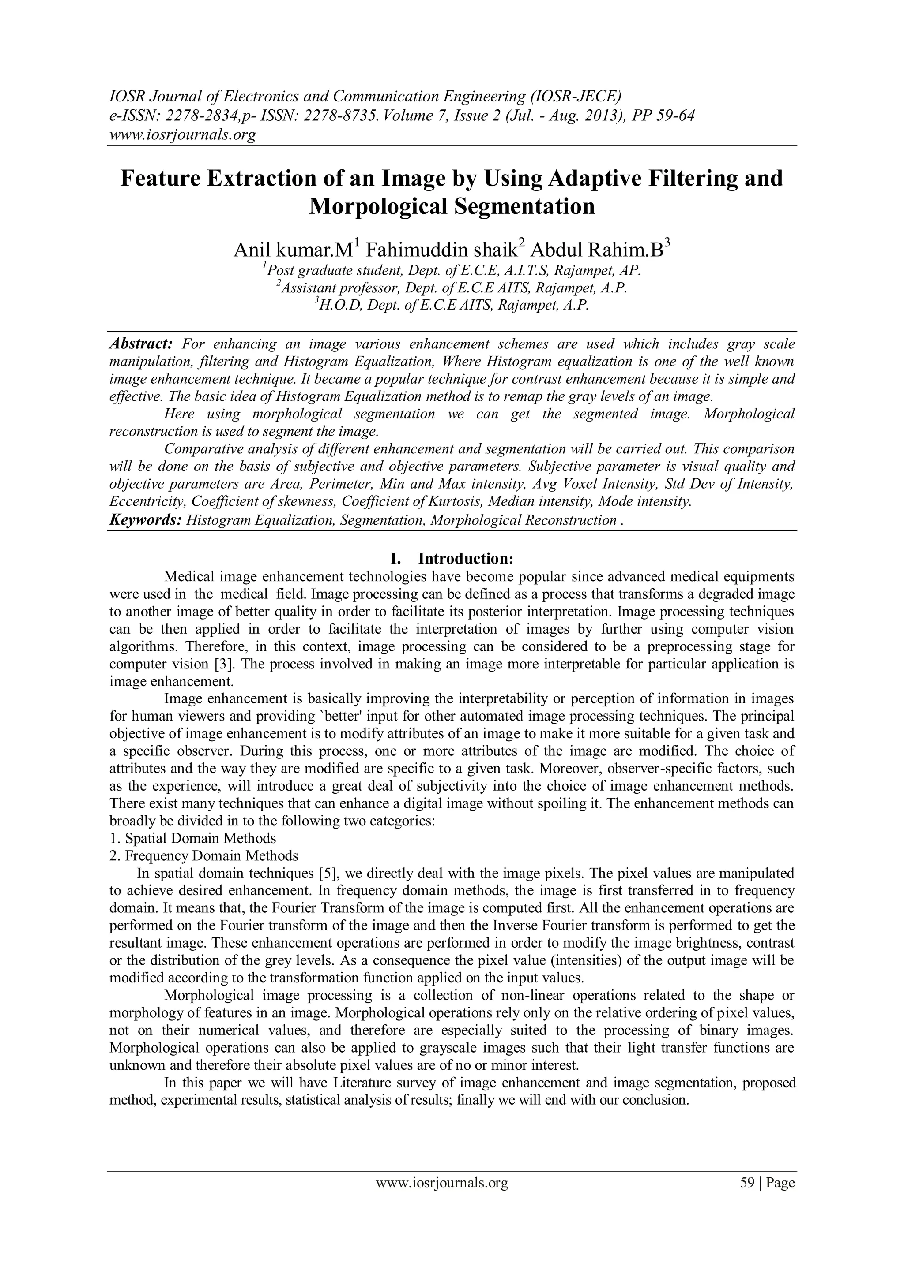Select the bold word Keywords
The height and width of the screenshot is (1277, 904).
(145, 520)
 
